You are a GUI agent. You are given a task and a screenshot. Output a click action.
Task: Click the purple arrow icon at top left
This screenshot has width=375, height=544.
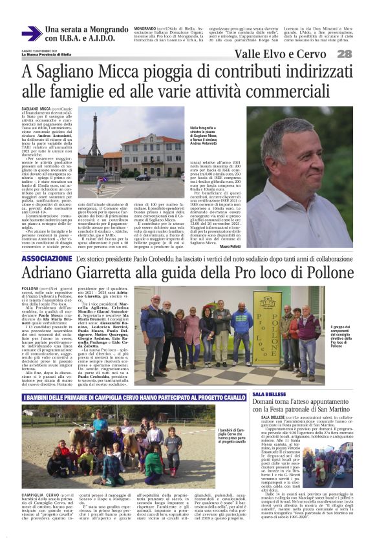(x=31, y=34)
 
